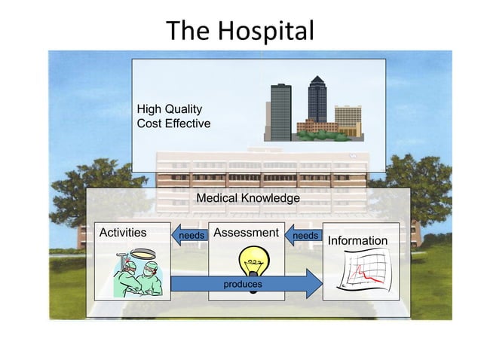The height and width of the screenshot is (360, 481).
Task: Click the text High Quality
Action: [170, 109]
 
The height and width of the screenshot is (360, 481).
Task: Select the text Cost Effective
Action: [173, 123]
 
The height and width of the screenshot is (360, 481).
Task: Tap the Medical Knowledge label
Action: [247, 197]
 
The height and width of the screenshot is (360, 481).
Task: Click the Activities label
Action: [123, 233]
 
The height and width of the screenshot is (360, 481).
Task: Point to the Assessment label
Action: [246, 233]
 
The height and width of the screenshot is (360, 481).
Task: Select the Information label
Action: [357, 240]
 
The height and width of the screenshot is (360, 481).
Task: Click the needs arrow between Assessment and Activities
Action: [190, 236]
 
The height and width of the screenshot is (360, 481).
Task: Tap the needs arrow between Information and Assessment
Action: [304, 236]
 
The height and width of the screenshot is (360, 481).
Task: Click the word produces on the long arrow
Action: [243, 284]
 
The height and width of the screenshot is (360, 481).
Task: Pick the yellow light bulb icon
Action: [250, 264]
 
